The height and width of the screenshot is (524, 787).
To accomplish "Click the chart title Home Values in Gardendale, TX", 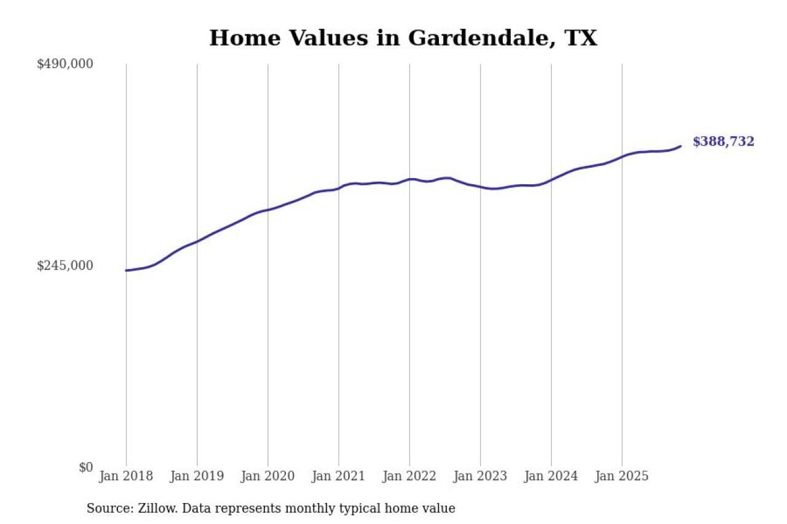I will [403, 38].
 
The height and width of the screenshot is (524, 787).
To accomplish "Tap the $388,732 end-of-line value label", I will [723, 142].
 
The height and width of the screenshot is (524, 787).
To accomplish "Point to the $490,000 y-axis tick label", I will [65, 64].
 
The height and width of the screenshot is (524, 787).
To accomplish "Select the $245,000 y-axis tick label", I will [65, 265].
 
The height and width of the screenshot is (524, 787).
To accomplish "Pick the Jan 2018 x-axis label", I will [126, 476].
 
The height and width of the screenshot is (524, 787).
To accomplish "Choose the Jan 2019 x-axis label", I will [197, 476].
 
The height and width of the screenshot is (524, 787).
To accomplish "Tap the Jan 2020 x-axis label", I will [267, 476].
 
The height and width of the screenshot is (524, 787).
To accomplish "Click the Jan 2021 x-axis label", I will [338, 476].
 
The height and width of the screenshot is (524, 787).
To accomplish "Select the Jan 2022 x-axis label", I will [409, 476].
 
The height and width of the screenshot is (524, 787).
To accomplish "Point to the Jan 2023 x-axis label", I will [480, 476].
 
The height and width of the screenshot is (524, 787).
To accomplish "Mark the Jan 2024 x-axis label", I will [551, 476].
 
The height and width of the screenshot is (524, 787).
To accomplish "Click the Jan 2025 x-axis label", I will [622, 476].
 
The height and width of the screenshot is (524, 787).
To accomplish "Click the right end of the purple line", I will [681, 146].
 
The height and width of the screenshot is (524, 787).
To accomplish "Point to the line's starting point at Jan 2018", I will [126, 270].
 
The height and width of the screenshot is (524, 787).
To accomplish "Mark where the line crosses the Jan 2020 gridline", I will [268, 210].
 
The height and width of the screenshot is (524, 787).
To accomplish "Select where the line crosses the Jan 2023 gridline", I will [480, 187].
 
